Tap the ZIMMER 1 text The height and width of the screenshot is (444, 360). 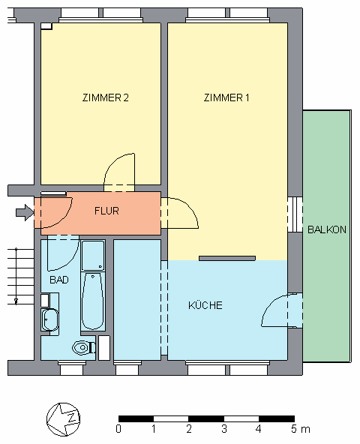point(226,98)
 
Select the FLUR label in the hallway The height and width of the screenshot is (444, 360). point(106,211)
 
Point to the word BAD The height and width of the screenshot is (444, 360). point(59,280)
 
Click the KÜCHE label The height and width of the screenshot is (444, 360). point(205,305)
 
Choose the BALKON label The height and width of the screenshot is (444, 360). point(327,230)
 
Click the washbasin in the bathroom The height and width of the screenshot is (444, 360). point(50,321)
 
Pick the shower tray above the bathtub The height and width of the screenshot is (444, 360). point(93,256)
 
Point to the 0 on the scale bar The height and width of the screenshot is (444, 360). point(118,430)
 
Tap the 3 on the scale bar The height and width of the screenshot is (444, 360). point(223,430)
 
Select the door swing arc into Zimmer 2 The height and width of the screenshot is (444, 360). point(120,168)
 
